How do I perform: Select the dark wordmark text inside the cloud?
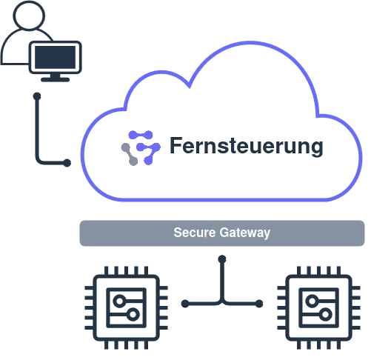click(244, 146)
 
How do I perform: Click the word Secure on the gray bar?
click(193, 233)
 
